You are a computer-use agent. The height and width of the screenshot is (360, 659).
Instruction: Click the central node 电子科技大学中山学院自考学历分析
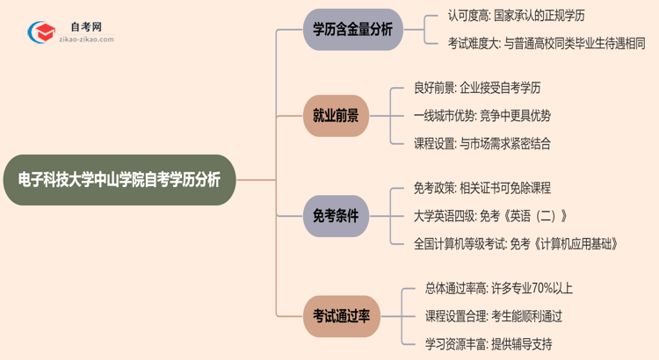(119, 180)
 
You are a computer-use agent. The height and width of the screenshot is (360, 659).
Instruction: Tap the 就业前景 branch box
(336, 115)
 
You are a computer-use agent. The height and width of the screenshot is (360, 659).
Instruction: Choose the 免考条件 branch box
(336, 216)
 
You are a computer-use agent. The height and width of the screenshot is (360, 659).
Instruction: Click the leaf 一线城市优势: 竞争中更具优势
(482, 115)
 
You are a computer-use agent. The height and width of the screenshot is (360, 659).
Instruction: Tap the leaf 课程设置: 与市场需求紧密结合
(482, 143)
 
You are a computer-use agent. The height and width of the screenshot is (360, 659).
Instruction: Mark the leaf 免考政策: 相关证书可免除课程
(482, 188)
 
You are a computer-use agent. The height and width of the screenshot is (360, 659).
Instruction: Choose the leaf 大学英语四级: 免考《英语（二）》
(490, 216)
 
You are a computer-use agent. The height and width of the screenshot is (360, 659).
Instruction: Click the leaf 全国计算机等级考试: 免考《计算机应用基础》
(517, 244)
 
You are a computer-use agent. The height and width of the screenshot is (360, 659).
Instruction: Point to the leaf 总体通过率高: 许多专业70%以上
(499, 288)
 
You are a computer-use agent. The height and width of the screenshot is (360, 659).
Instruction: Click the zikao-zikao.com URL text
(84, 40)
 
